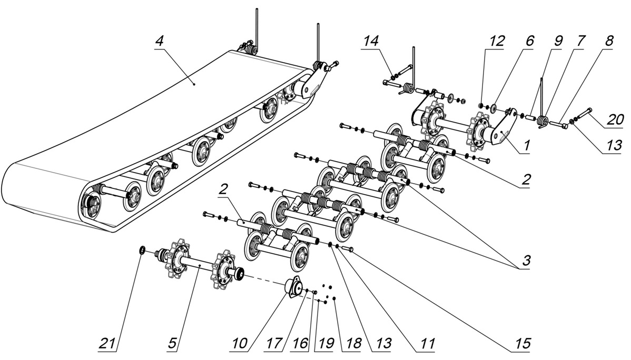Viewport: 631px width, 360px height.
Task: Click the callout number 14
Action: (370, 40)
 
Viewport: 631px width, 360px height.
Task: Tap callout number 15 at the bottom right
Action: (522, 344)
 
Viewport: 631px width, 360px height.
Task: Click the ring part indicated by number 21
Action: (142, 249)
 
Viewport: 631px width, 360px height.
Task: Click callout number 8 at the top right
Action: (609, 40)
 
